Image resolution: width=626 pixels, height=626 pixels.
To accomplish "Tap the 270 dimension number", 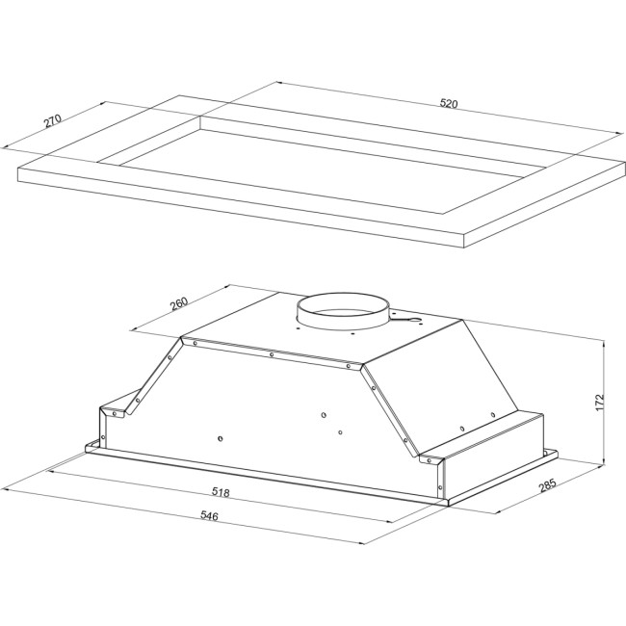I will click(x=53, y=121).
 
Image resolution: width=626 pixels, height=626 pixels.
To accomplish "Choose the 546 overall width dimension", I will click(x=208, y=517).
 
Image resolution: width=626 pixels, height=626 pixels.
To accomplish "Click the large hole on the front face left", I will click(x=221, y=439).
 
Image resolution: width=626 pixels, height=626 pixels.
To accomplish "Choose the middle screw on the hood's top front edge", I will click(x=273, y=354).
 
